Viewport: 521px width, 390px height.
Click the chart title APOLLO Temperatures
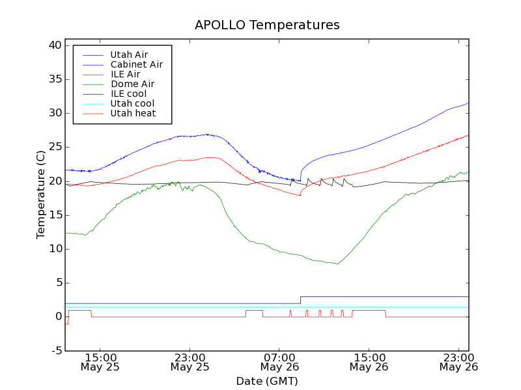click(x=267, y=25)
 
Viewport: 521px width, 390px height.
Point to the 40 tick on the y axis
click(x=54, y=45)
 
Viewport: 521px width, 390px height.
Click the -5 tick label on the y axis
click(x=55, y=350)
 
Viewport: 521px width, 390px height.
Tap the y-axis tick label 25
click(x=54, y=147)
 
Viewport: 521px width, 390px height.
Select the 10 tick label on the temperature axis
click(x=54, y=249)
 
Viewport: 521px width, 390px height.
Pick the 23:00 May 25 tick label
click(x=190, y=361)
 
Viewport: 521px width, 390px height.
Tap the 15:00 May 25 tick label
click(x=100, y=361)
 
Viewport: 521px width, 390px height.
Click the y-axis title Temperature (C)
click(x=41, y=195)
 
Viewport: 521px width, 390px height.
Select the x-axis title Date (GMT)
click(x=267, y=381)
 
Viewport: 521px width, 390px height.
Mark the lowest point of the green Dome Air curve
click(x=337, y=264)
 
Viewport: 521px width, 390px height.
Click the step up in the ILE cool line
click(x=300, y=300)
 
